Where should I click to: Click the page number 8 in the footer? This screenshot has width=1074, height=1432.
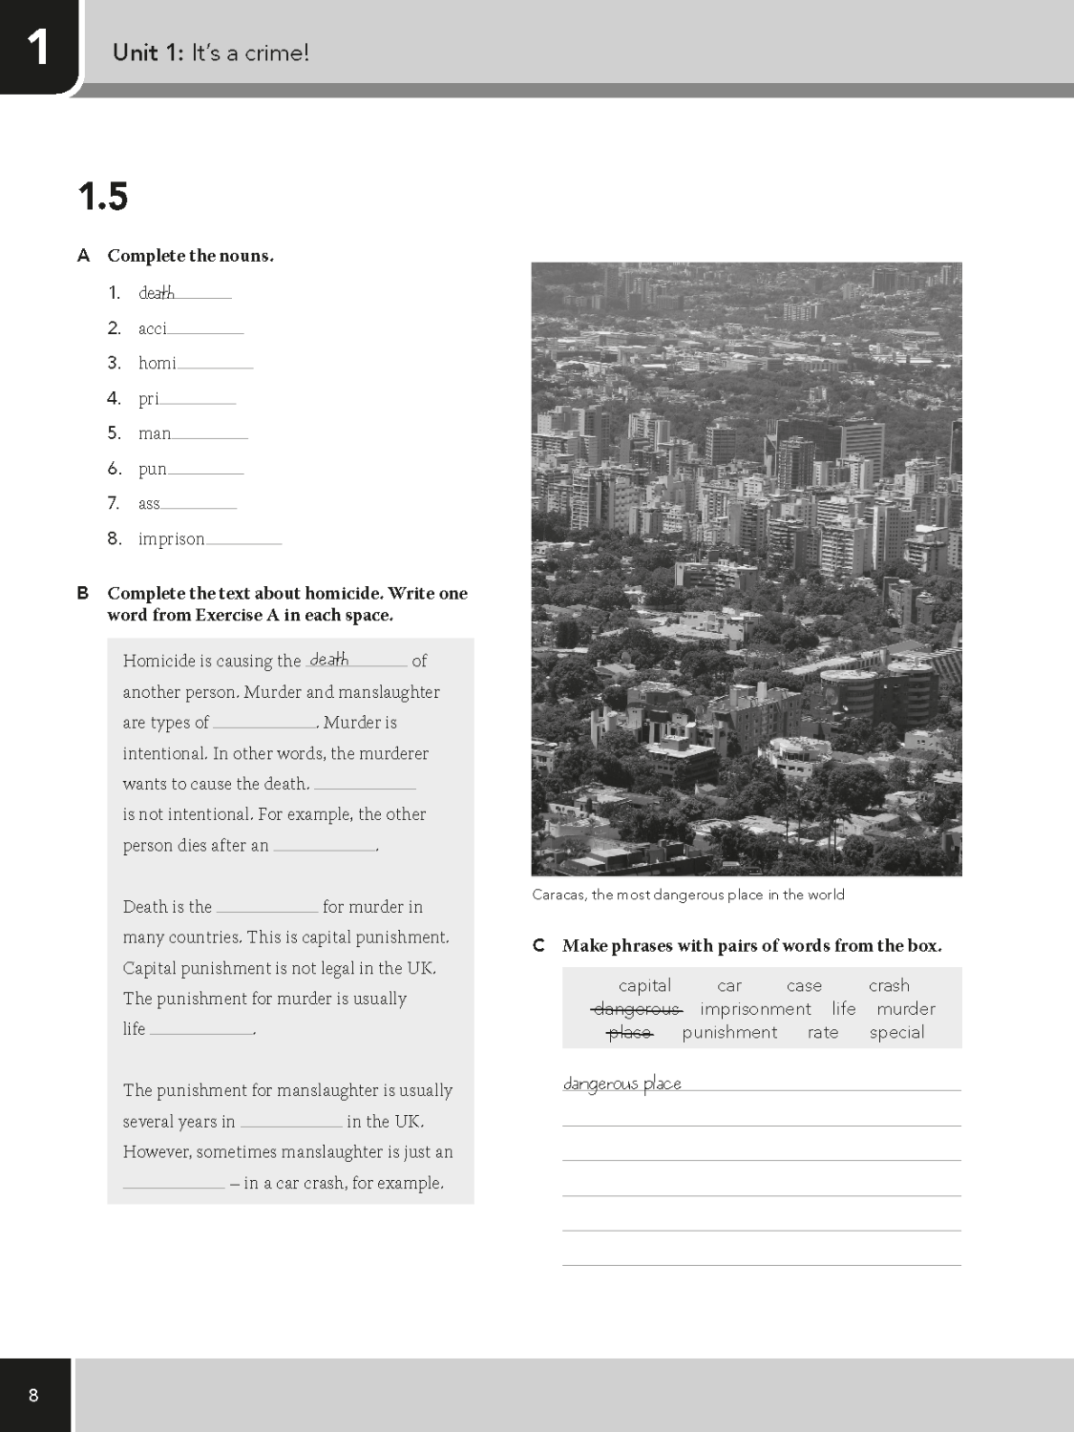tap(33, 1396)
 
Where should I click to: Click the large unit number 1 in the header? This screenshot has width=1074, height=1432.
tap(37, 47)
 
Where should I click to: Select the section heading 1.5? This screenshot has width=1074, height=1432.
tap(102, 197)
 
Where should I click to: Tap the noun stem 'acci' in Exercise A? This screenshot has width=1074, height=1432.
tap(152, 328)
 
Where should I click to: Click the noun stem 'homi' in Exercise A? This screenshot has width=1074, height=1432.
tap(157, 363)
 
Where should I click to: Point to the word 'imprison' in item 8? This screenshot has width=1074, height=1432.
tap(171, 538)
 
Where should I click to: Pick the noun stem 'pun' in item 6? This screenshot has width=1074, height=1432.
tap(152, 469)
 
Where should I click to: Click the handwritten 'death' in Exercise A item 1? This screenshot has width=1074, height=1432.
tap(157, 293)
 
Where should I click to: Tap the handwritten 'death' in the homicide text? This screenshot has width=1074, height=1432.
tap(329, 659)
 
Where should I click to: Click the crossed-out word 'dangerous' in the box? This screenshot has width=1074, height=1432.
tap(637, 1009)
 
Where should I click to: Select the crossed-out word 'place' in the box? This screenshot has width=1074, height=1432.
tap(629, 1033)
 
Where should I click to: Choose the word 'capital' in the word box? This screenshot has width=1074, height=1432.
tap(644, 985)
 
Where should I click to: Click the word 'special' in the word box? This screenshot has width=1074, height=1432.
tap(896, 1032)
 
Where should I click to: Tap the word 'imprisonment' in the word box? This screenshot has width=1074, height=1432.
tap(755, 1009)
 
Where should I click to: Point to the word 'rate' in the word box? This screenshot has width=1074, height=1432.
tap(823, 1032)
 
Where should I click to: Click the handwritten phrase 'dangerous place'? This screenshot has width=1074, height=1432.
tap(621, 1084)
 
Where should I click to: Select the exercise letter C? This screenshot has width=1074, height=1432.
tap(539, 946)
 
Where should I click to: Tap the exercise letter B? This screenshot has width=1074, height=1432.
tap(83, 593)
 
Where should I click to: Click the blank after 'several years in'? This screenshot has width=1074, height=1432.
tap(291, 1122)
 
